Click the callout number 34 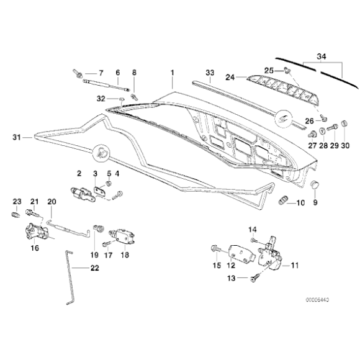[x=321, y=56]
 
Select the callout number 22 [x=94, y=268]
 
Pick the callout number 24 [x=228, y=78]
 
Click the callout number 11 [x=294, y=266]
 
